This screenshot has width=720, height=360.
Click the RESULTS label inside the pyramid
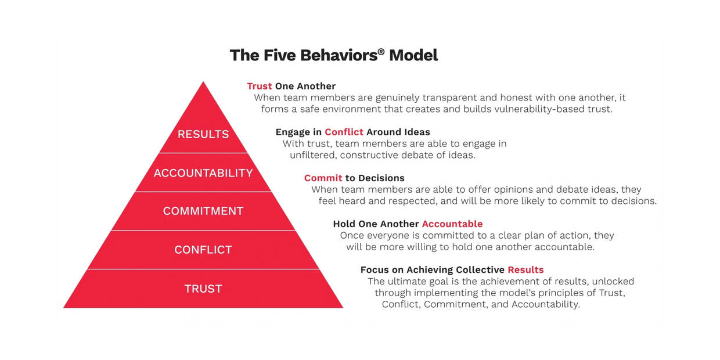pos(203,134)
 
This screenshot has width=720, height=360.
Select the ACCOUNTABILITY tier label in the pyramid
pos(203,173)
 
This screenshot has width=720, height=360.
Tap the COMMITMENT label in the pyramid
pos(203,211)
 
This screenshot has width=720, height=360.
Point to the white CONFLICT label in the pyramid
pos(203,250)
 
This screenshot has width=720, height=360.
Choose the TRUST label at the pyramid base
pos(203,289)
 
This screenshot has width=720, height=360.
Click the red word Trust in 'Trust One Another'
pos(260,86)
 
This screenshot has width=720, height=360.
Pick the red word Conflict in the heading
pos(344,132)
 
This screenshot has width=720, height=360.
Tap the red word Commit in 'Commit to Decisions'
pos(323,178)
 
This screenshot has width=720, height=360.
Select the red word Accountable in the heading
pos(452,224)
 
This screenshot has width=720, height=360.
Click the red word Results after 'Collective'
pos(525,269)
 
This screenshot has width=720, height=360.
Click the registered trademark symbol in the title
pos(381,51)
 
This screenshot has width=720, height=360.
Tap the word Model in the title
pos(413,55)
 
